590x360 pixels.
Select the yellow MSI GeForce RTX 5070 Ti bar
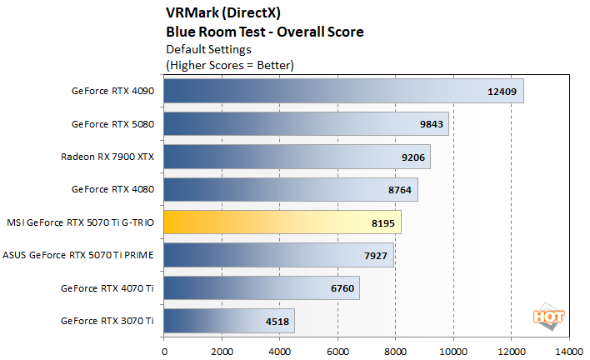(x=282, y=222)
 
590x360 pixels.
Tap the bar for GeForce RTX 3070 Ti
(x=229, y=320)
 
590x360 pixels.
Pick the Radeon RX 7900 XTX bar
(x=297, y=157)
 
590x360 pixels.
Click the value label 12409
(x=502, y=91)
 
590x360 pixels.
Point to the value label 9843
(x=433, y=124)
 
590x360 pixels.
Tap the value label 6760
(x=344, y=288)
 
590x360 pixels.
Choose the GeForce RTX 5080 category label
(x=112, y=124)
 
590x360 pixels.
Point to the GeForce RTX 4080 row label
(x=112, y=189)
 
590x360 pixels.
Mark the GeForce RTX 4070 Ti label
(x=107, y=288)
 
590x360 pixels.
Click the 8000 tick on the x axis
(x=396, y=351)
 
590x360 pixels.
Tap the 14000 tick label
(x=569, y=351)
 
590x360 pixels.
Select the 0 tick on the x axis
(x=164, y=351)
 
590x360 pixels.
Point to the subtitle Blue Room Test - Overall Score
(x=265, y=32)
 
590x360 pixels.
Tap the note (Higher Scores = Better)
(x=230, y=64)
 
